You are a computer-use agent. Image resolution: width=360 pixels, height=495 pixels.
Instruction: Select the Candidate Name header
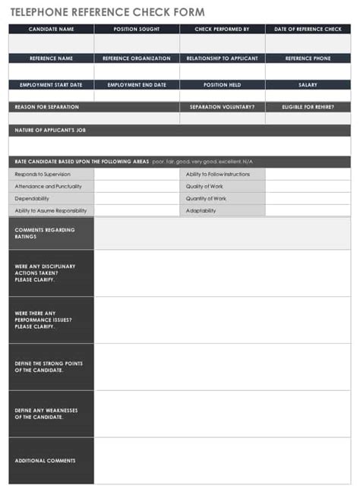coord(52,29)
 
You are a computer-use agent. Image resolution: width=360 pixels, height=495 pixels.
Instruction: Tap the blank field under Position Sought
coord(137,43)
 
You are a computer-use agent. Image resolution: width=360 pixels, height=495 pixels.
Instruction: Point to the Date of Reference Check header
coord(308,29)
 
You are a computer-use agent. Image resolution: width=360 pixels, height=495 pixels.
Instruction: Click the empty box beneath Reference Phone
coord(308,71)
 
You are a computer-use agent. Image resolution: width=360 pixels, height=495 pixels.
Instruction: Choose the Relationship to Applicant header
coord(223,58)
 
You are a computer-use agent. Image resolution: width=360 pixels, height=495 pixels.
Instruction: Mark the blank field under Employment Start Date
coord(52,96)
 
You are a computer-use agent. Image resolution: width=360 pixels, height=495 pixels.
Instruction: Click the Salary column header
coord(308,85)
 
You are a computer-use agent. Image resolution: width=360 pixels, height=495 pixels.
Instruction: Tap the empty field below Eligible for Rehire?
coord(308,118)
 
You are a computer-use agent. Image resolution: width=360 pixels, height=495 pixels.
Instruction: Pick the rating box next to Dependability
coord(137,198)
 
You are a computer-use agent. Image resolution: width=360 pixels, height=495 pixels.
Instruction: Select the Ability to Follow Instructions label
coord(218,174)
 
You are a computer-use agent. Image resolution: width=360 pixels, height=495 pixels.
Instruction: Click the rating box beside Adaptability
coord(308,210)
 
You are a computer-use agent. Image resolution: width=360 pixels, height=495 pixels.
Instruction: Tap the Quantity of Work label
coord(207,198)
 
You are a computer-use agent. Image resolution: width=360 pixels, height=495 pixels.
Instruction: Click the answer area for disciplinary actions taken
coord(223,273)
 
